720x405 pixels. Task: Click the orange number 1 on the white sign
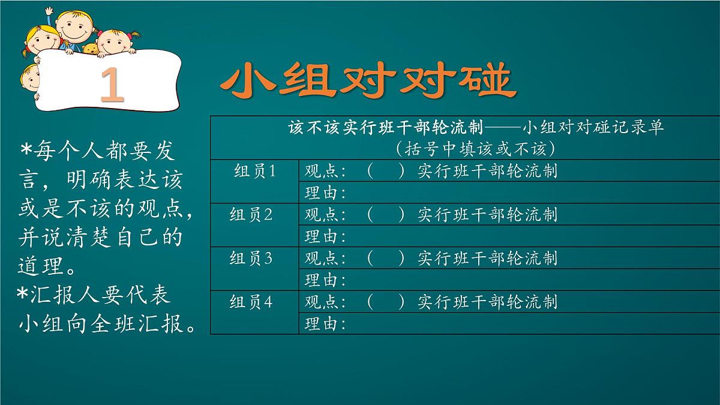click(112, 86)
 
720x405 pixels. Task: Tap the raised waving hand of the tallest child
click(49, 13)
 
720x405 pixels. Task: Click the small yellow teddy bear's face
click(91, 49)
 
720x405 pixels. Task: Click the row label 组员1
click(254, 171)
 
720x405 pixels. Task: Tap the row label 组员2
click(251, 214)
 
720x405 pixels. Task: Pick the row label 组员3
click(251, 258)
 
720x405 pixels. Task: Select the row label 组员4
click(251, 301)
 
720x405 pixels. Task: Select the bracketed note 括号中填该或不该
click(474, 148)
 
